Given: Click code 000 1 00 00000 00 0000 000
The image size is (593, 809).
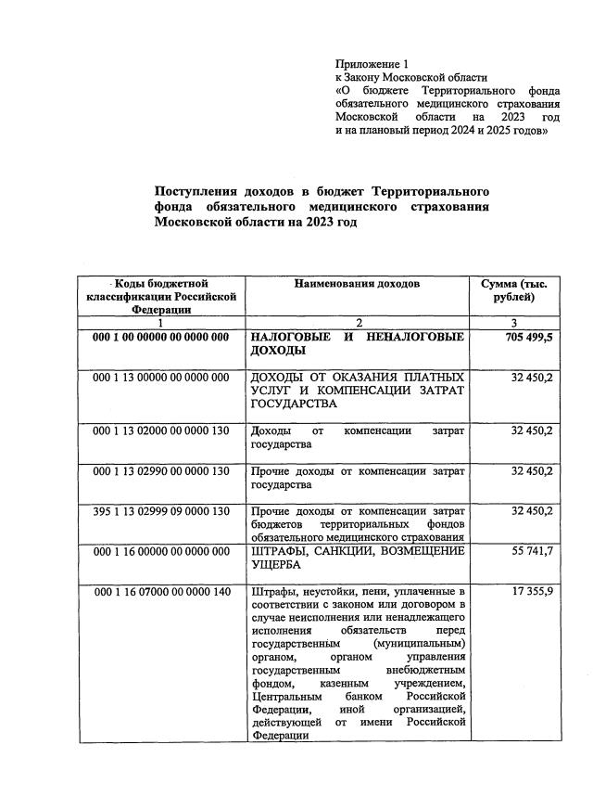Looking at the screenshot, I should point(161,338).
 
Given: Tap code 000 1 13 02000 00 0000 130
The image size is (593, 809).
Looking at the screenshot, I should point(161,431).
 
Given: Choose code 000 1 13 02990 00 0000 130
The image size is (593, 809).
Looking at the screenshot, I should point(161,471).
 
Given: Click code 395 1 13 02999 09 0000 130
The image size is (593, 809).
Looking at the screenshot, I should point(161,511).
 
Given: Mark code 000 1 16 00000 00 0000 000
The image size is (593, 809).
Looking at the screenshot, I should point(161,552).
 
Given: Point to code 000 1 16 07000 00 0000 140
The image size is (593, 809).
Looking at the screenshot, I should point(161,592).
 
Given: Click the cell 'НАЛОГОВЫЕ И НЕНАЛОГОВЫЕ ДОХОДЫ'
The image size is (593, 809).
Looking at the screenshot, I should point(357,344).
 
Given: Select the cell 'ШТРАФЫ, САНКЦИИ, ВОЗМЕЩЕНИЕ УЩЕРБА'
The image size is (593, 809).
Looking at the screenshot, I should point(357,559).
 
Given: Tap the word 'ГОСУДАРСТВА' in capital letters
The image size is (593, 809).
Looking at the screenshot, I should point(294,404).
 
